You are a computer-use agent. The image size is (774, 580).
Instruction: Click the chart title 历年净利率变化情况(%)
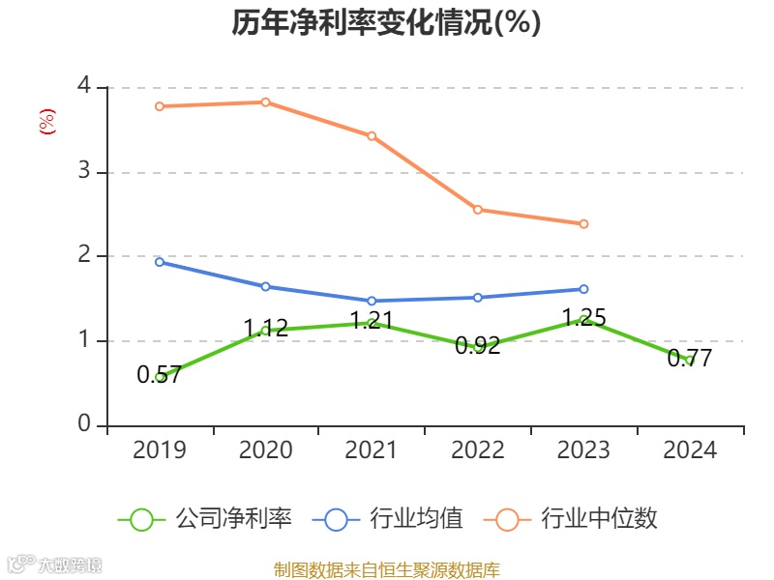point(386,23)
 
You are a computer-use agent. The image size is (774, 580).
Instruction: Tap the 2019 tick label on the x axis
point(160,450)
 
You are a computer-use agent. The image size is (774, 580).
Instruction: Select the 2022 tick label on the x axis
point(478,450)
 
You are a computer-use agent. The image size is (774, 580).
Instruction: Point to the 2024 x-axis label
point(690,450)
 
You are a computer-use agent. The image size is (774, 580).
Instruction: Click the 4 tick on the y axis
point(84,87)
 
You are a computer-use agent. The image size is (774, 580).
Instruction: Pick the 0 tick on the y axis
point(84,425)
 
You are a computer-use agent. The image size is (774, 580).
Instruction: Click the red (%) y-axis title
point(46,122)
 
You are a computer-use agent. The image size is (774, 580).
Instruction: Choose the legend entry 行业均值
point(388,519)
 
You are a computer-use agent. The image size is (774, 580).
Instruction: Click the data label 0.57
point(160,376)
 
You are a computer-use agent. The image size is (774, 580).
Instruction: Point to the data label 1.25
point(583,317)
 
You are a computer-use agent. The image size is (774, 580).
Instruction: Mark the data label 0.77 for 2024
point(690,359)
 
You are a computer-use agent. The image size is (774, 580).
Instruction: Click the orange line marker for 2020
point(266,101)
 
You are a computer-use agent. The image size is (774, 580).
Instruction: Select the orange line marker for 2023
point(584,223)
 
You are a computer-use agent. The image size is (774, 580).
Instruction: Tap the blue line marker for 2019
point(160,262)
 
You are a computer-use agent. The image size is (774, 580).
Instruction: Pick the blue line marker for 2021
point(372,301)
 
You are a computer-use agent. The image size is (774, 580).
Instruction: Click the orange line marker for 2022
point(478,210)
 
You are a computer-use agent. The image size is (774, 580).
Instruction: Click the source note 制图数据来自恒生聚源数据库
point(386,570)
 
